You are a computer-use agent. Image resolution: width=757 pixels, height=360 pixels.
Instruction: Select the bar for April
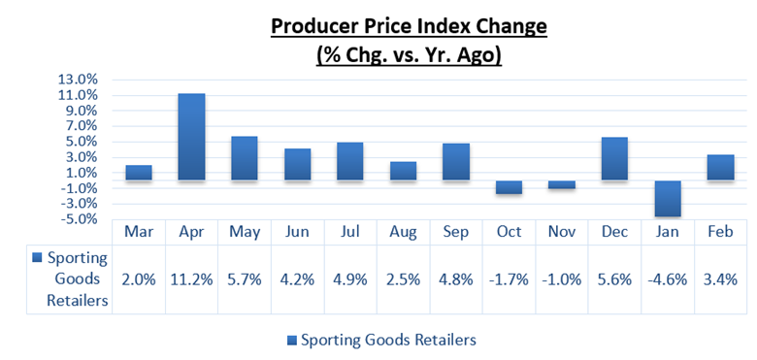tap(191, 137)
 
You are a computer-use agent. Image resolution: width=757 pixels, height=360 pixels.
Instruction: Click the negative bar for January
tap(668, 199)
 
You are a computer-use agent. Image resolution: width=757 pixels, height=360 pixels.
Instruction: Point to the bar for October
tap(510, 187)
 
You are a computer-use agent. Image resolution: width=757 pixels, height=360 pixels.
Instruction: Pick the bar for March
tap(139, 173)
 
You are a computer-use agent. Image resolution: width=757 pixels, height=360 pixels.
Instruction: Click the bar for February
tap(720, 167)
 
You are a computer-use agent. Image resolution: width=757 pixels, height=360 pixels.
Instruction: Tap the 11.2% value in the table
tap(191, 278)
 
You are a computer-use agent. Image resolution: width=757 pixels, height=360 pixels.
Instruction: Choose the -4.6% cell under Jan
tap(668, 278)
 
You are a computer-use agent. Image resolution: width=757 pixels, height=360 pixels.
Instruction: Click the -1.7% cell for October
tap(510, 278)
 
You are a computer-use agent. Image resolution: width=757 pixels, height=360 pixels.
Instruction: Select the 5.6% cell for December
tap(614, 278)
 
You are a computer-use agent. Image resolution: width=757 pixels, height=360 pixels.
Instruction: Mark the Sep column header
tap(456, 233)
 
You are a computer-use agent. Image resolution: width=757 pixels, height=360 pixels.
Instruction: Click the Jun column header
tap(297, 233)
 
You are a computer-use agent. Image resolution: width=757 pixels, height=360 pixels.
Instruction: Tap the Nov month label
tap(562, 233)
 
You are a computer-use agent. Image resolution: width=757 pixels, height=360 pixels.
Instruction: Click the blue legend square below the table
tap(292, 340)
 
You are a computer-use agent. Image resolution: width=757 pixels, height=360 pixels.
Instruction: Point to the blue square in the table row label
tap(37, 258)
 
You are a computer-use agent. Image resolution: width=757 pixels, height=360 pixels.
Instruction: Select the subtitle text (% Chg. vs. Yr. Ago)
tap(409, 55)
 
